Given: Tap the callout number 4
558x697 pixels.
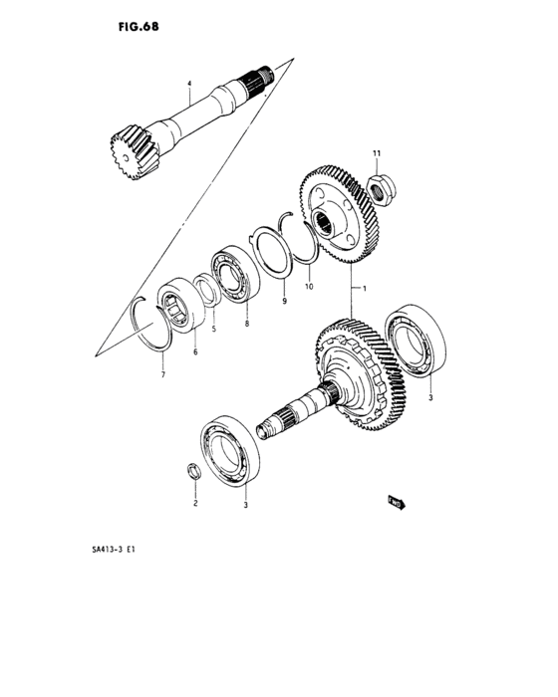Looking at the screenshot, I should pyautogui.click(x=188, y=85).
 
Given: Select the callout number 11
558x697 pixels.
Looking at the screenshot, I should pyautogui.click(x=378, y=152).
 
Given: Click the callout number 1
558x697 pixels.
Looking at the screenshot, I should pyautogui.click(x=365, y=289).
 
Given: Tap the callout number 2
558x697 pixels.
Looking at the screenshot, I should pyautogui.click(x=195, y=504).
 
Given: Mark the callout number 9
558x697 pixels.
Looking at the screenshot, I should pyautogui.click(x=283, y=300).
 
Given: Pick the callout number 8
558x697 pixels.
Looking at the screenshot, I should pyautogui.click(x=246, y=324).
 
